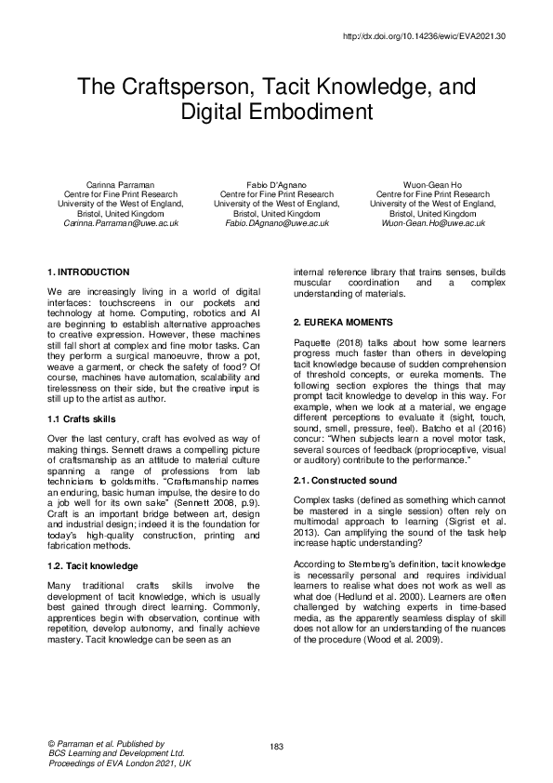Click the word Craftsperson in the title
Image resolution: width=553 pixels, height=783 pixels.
[197, 88]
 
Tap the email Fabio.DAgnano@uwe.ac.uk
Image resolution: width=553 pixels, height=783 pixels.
[276, 224]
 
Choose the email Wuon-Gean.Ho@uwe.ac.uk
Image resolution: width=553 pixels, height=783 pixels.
[432, 224]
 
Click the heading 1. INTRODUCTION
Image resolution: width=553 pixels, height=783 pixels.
[87, 272]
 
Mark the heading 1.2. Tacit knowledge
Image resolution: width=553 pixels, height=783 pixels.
[93, 565]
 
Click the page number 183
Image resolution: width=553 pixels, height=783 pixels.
[276, 748]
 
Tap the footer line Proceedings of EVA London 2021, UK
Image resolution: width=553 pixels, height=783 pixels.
[118, 763]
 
